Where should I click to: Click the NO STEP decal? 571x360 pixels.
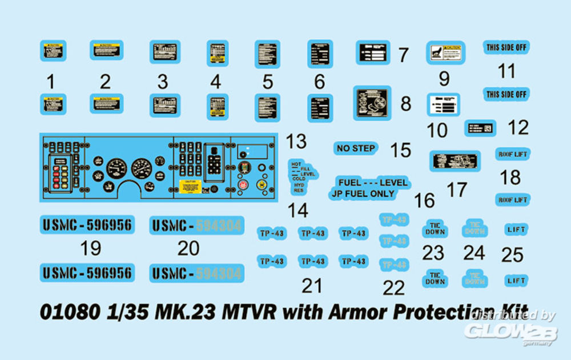coord(356,148)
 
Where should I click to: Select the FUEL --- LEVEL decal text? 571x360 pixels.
coord(373,183)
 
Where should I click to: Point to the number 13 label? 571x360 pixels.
coord(296,141)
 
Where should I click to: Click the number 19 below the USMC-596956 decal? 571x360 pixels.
coord(91,248)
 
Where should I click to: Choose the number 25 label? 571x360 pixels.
coord(512,254)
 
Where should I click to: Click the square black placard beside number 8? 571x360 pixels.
coord(372,103)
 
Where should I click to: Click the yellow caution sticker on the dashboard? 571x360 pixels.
coord(190,186)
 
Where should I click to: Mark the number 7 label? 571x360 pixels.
coord(403,55)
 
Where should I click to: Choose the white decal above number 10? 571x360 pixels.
coord(444,106)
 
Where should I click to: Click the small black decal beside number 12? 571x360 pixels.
coord(480,128)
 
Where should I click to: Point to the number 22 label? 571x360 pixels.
coord(393,288)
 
